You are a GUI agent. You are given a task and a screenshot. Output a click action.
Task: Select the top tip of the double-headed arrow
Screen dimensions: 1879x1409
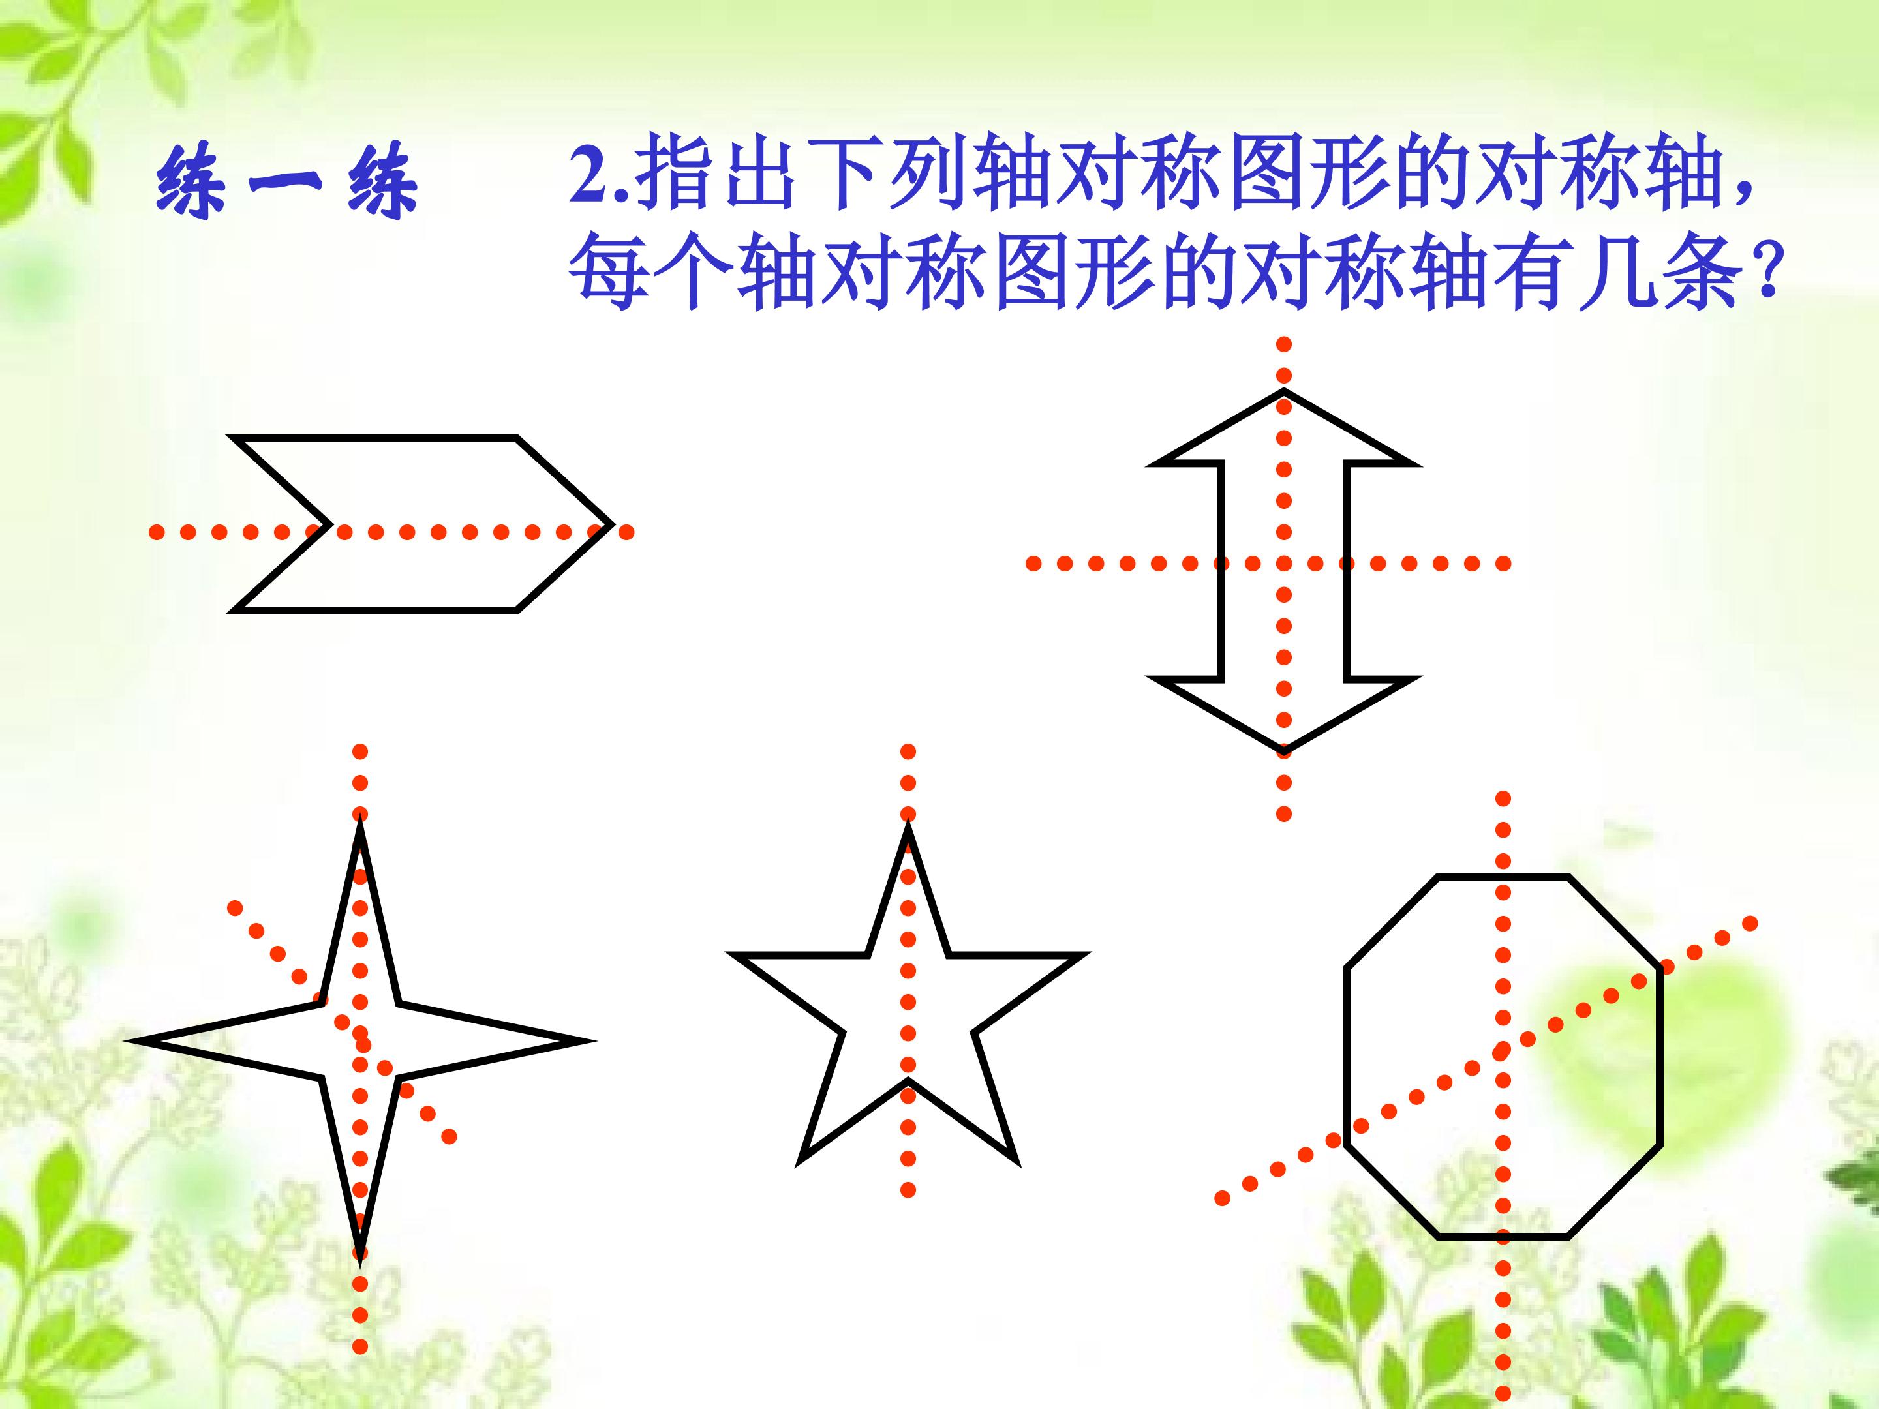click(1283, 391)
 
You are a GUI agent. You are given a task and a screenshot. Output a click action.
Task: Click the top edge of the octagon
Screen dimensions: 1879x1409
click(1503, 877)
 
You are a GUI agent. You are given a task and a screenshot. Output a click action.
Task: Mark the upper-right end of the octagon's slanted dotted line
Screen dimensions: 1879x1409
click(1750, 923)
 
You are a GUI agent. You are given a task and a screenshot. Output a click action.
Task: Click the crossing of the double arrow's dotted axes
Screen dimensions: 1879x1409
click(1283, 563)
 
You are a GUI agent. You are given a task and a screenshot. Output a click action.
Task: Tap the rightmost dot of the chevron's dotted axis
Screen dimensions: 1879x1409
click(626, 532)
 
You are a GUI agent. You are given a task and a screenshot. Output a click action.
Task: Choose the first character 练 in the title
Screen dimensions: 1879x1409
click(192, 182)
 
